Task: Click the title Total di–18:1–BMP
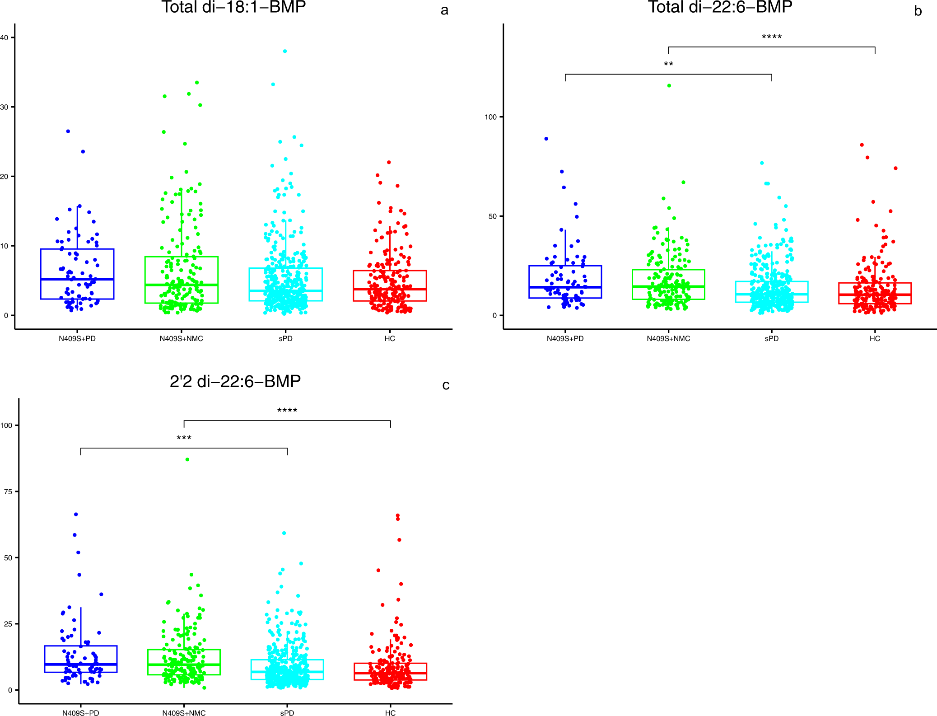pyautogui.click(x=233, y=7)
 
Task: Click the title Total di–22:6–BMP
pyautogui.click(x=720, y=7)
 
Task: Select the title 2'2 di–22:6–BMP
pyautogui.click(x=235, y=382)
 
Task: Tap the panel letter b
pyautogui.click(x=918, y=11)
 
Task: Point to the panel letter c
pyautogui.click(x=446, y=385)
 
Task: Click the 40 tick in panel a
pyautogui.click(x=5, y=37)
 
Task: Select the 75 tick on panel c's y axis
pyautogui.click(x=8, y=491)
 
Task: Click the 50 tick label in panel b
pyautogui.click(x=492, y=216)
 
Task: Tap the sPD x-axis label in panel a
pyautogui.click(x=285, y=339)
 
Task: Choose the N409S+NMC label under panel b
pyautogui.click(x=668, y=339)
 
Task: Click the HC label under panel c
pyautogui.click(x=390, y=713)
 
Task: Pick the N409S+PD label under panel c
pyautogui.click(x=80, y=713)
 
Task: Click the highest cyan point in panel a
pyautogui.click(x=285, y=51)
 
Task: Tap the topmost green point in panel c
pyautogui.click(x=187, y=459)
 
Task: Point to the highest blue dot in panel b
pyautogui.click(x=546, y=139)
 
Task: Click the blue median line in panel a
pyautogui.click(x=77, y=279)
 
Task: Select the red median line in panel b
pyautogui.click(x=875, y=295)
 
